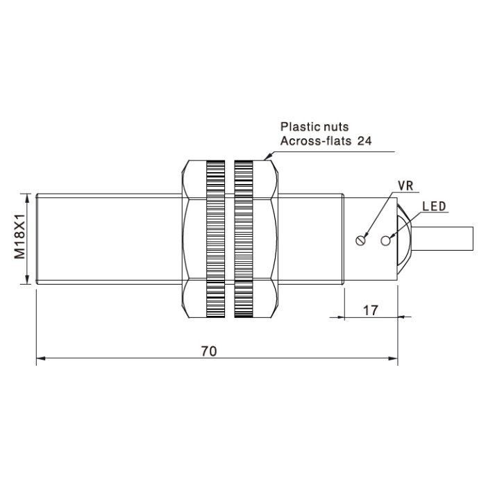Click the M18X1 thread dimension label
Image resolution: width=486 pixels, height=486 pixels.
pos(19,236)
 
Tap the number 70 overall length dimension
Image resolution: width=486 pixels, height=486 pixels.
pos(209,351)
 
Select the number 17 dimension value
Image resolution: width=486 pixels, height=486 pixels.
pos(370,310)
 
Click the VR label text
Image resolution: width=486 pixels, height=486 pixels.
pos(405,185)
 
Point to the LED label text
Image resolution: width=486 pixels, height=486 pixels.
pos(434,206)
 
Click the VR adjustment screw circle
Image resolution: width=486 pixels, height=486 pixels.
pos(360,240)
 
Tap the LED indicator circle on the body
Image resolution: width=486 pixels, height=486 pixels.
pos(385,240)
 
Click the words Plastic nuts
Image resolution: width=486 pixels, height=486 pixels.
pos(315,127)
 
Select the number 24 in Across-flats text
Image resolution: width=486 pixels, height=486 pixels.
pos(364,141)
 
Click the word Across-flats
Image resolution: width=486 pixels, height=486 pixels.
pos(315,141)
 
